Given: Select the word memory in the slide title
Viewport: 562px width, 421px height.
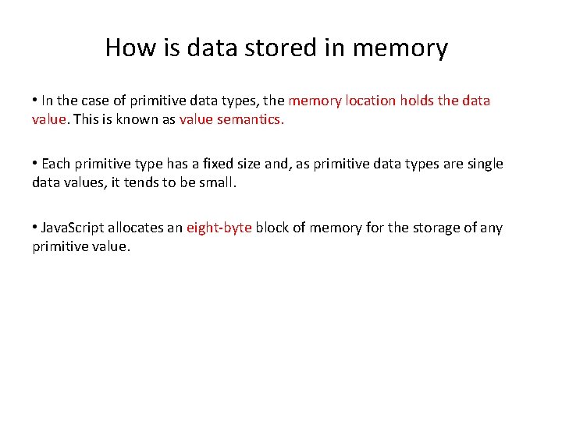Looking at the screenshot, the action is click(x=400, y=48).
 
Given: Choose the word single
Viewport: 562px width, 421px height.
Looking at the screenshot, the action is click(x=483, y=165).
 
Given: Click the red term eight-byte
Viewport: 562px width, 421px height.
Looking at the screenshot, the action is click(x=219, y=228).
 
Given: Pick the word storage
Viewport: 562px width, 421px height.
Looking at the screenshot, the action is click(x=436, y=228).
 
